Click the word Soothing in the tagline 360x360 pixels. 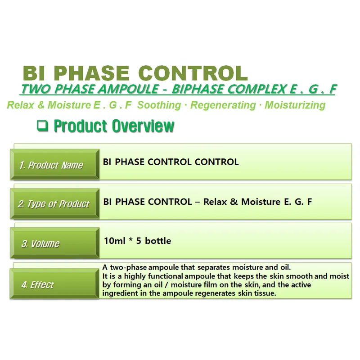coord(159,105)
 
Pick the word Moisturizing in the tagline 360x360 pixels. coord(295,105)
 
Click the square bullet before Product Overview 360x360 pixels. coord(43,126)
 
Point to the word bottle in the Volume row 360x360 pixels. coord(158,241)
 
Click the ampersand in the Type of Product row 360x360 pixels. coord(233,202)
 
